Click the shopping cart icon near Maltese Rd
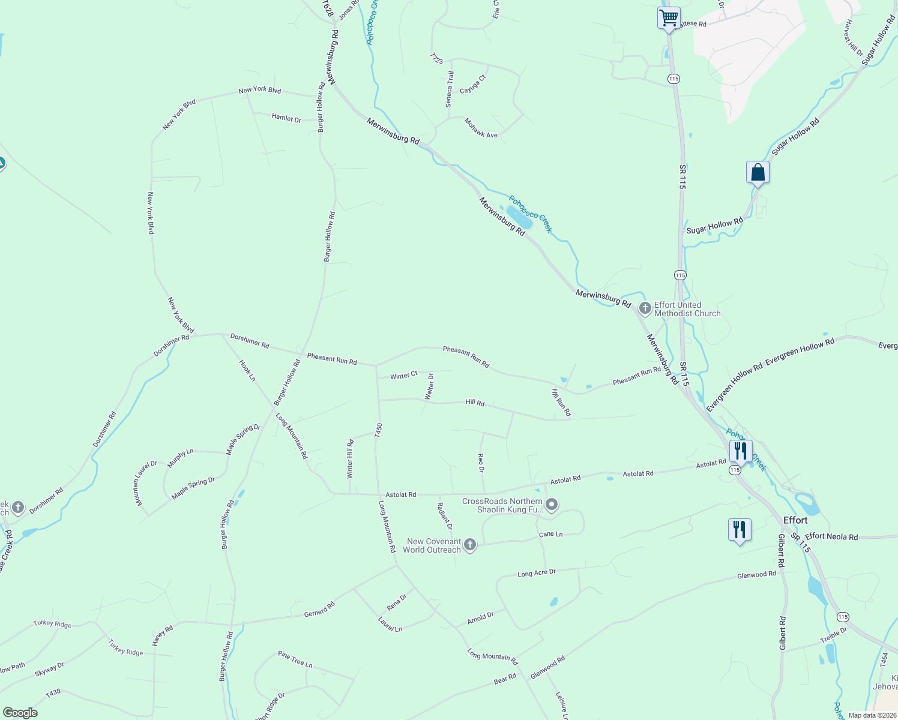[x=669, y=17]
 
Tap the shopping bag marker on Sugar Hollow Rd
[x=758, y=173]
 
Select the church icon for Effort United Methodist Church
[x=645, y=309]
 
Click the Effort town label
[x=795, y=520]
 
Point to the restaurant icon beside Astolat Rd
[x=740, y=451]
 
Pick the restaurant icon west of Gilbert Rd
[x=739, y=529]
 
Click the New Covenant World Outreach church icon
[x=470, y=545]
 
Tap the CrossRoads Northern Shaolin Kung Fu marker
[x=552, y=505]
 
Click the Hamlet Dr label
[x=286, y=118]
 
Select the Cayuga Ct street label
[x=472, y=85]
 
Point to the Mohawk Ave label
[x=481, y=128]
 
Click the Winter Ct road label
[x=403, y=376]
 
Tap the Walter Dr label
[x=429, y=386]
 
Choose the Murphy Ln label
[x=181, y=458]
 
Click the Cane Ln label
[x=550, y=534]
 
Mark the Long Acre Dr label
[x=537, y=574]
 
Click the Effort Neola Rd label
[x=831, y=537]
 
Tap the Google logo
[x=20, y=713]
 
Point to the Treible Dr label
[x=834, y=635]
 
